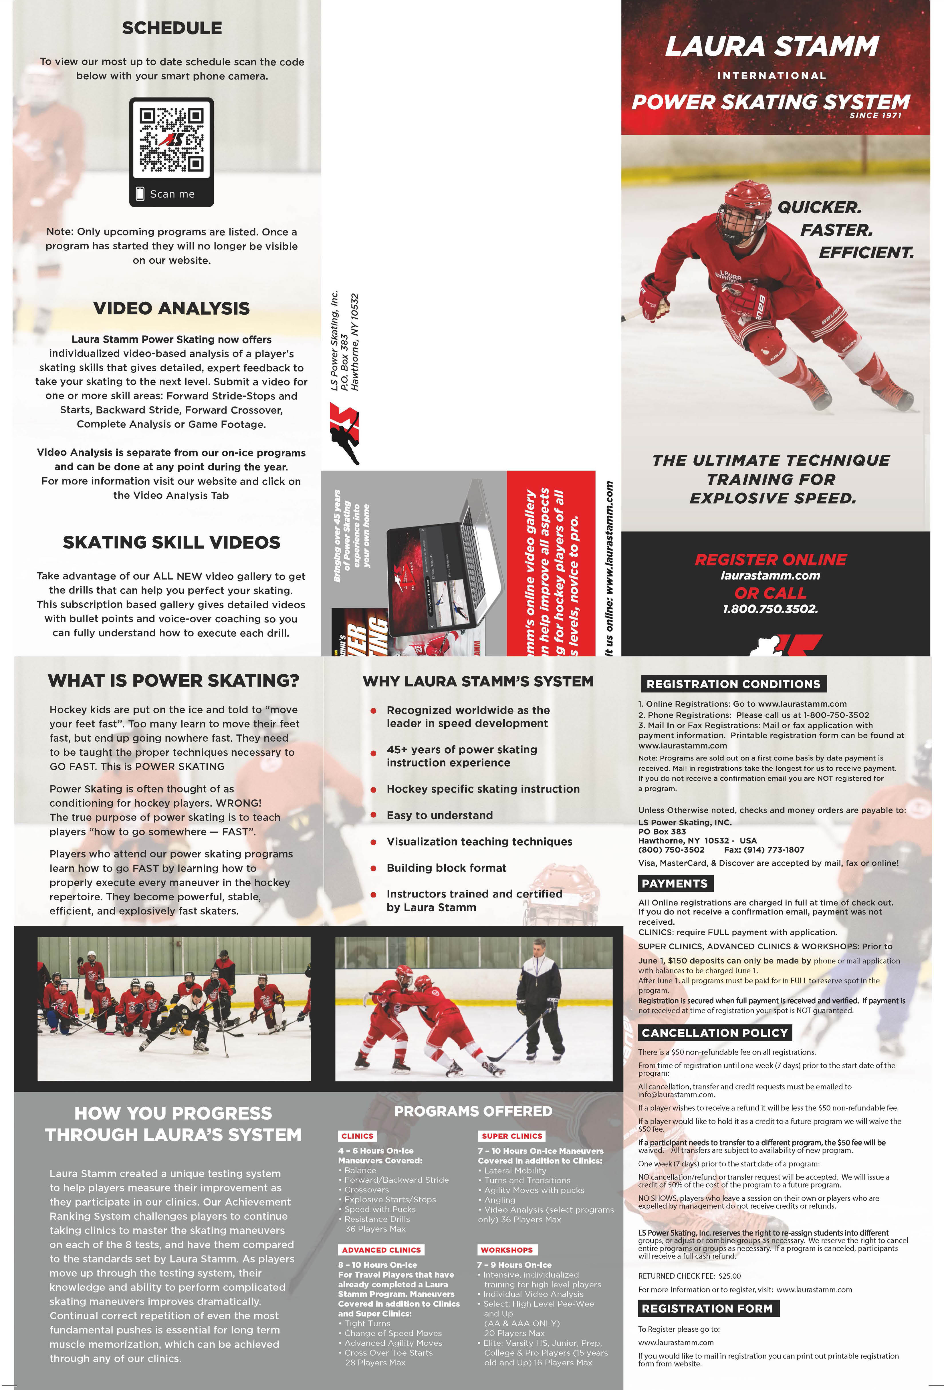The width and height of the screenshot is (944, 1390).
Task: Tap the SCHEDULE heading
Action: (x=172, y=28)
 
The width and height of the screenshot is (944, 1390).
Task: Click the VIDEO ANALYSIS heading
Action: (x=171, y=308)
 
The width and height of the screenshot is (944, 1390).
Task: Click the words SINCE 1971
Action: (x=875, y=116)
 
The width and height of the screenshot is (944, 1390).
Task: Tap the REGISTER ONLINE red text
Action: (x=770, y=560)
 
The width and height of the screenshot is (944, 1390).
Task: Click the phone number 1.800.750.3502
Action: (x=770, y=609)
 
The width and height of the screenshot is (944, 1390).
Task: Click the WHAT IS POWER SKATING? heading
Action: (x=173, y=681)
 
